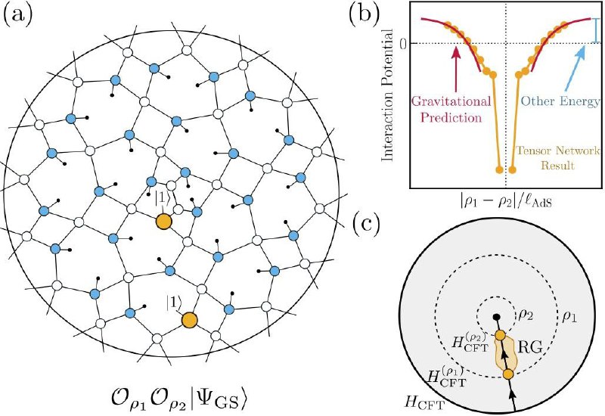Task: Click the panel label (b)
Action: (364, 14)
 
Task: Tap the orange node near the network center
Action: (163, 222)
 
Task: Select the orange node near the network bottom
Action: (190, 320)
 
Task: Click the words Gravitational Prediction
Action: (451, 109)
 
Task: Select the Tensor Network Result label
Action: (558, 158)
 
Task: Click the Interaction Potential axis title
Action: (387, 95)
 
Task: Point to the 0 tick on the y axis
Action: (404, 45)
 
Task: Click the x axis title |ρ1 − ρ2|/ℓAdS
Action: (506, 201)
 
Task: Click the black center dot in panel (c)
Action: (497, 317)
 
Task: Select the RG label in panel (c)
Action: (530, 348)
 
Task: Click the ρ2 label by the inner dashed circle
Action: (525, 315)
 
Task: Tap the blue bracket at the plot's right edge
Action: (597, 30)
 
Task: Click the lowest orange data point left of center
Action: (499, 169)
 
